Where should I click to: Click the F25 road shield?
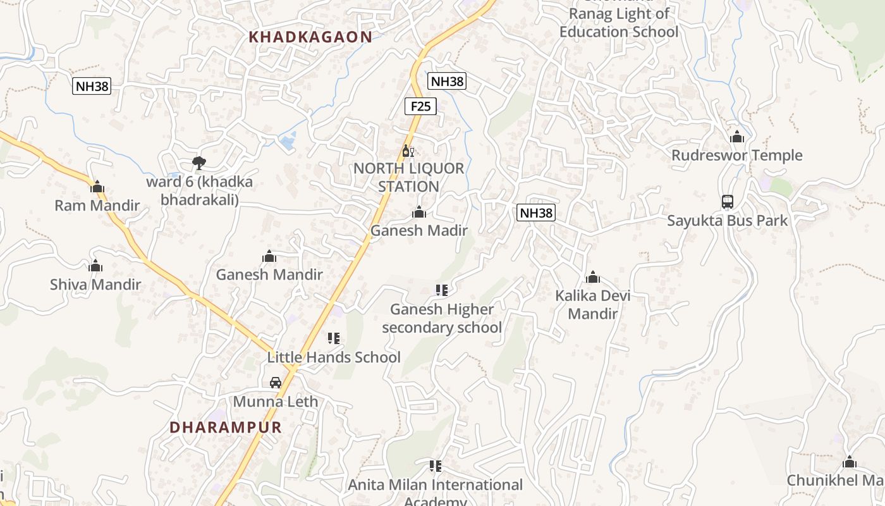pos(420,106)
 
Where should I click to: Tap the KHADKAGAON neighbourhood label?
pos(310,37)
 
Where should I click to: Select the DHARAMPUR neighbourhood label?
pos(225,427)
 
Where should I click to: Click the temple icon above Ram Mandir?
pos(97,187)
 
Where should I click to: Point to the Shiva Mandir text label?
pos(95,285)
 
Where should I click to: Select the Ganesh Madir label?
pos(418,231)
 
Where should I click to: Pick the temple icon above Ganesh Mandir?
pos(269,256)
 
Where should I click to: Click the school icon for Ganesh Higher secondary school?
pos(442,290)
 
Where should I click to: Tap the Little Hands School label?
pos(334,357)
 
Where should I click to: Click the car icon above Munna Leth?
pos(276,383)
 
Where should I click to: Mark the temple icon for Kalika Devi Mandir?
pos(593,277)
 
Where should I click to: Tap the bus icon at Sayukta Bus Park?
pos(728,202)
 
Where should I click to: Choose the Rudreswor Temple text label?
pos(736,156)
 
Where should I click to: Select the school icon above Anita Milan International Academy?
pos(436,466)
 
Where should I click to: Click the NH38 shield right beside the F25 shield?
pos(447,81)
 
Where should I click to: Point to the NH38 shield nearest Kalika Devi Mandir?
pos(536,213)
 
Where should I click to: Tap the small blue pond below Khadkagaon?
pos(287,142)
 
